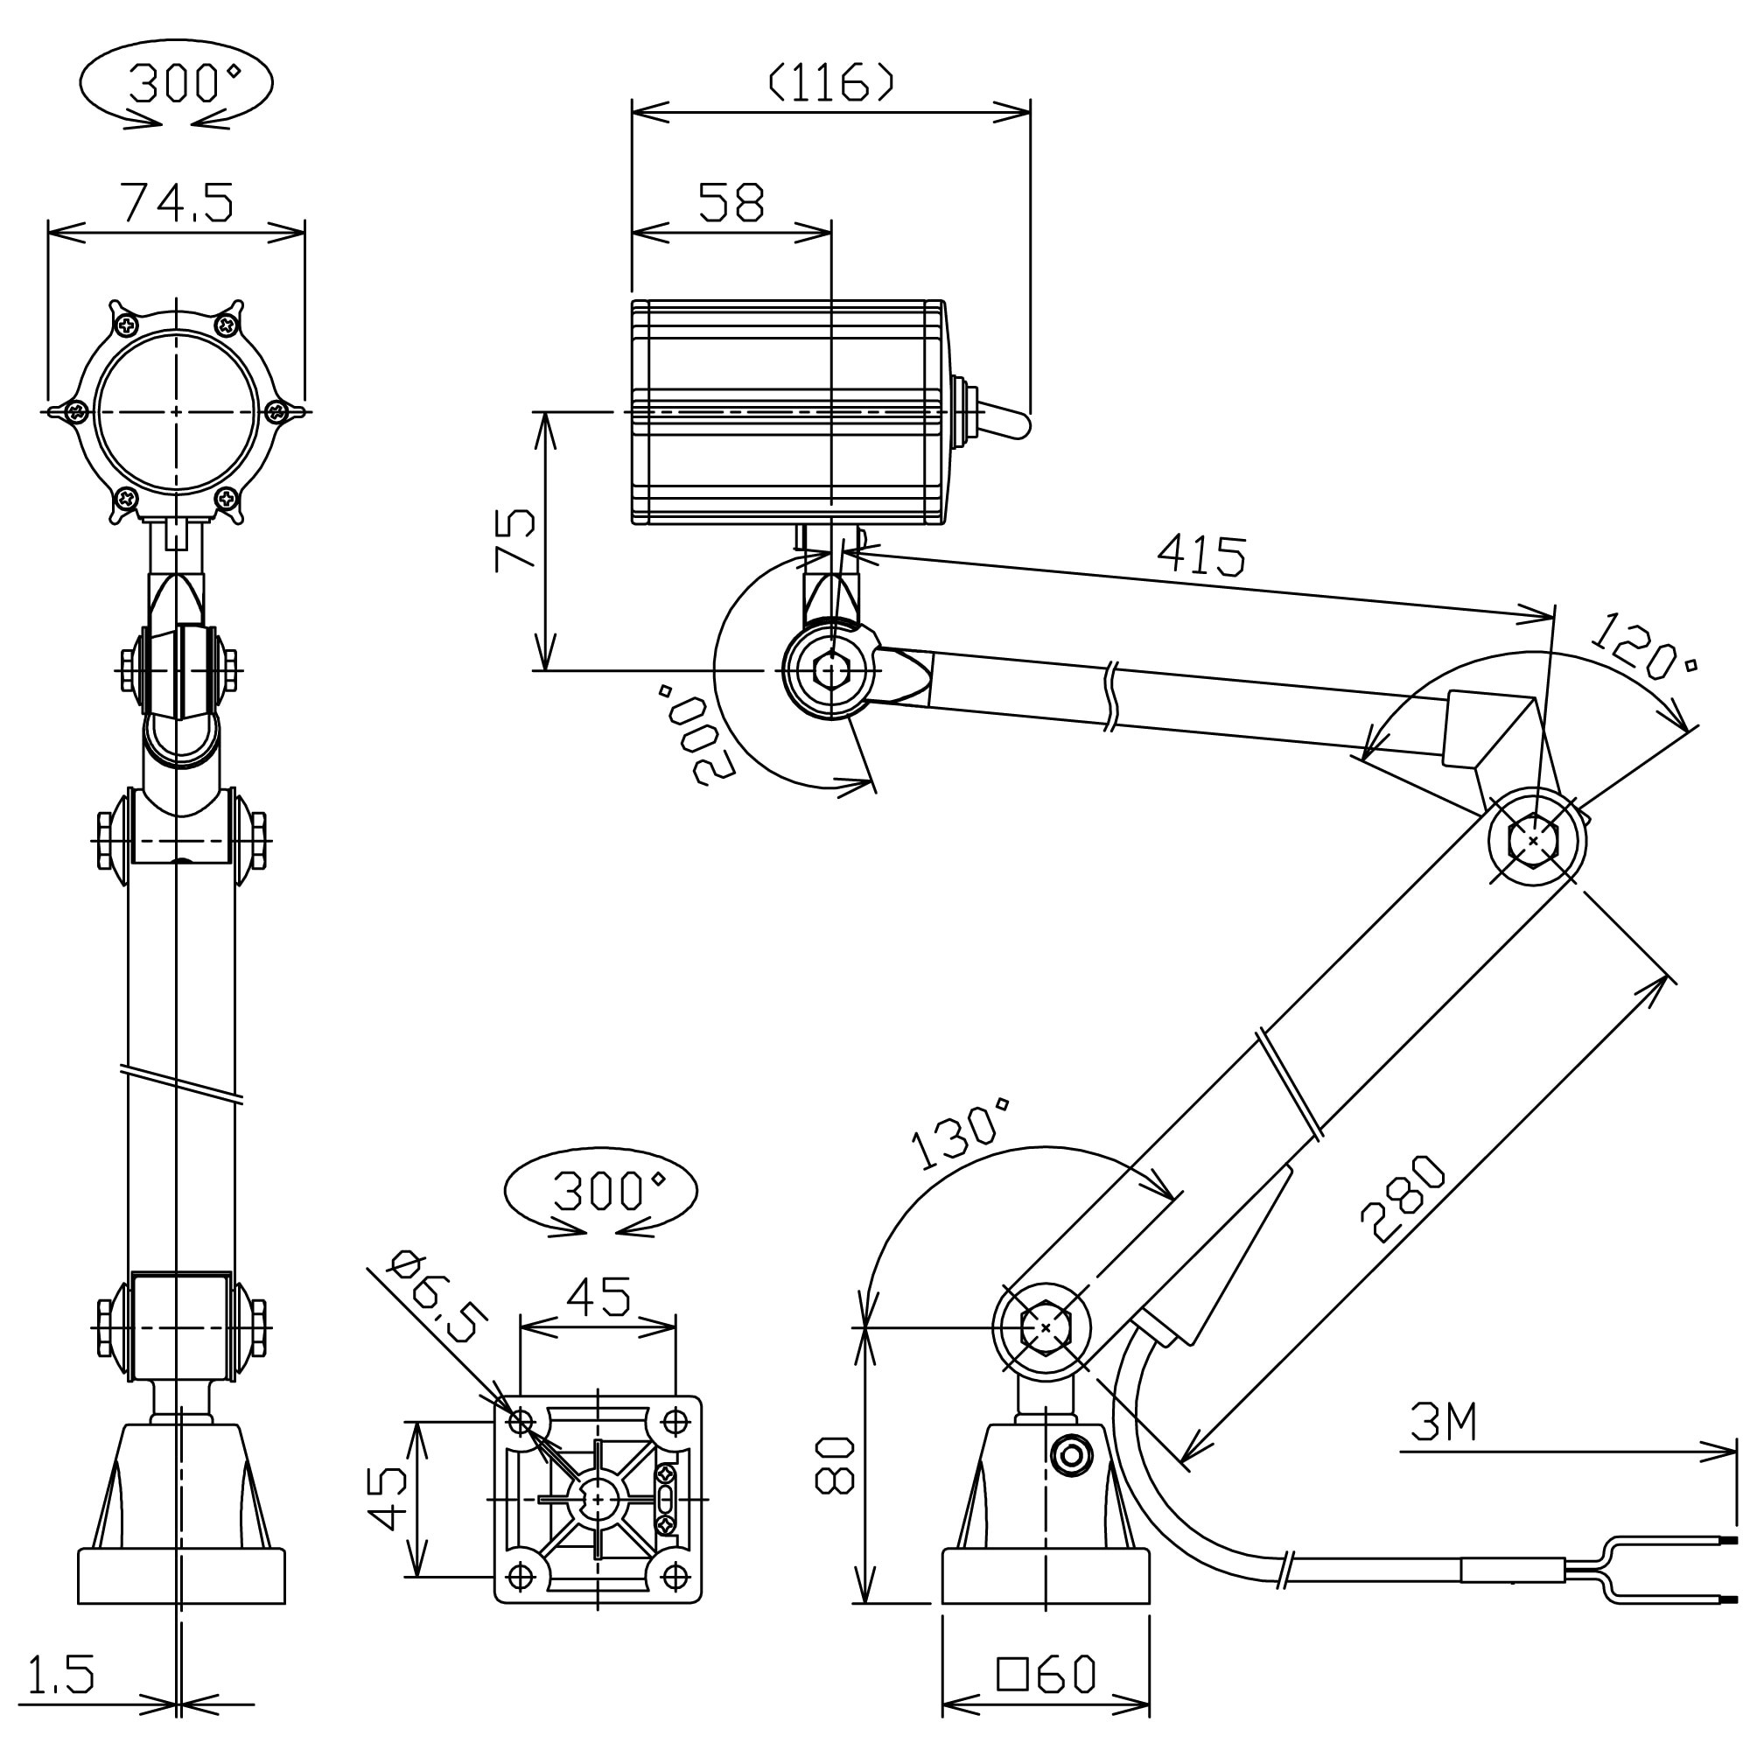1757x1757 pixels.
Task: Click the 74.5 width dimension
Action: click(x=178, y=202)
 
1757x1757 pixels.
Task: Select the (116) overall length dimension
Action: click(x=831, y=84)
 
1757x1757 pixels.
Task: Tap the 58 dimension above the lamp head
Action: click(x=731, y=202)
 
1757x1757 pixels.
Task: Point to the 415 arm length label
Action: click(x=1201, y=555)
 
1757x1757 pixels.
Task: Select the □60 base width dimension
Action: click(x=1046, y=1675)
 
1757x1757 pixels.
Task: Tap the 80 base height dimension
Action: click(x=834, y=1465)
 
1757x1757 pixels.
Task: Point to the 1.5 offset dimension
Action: click(x=61, y=1675)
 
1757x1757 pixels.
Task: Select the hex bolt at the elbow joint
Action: click(x=1534, y=841)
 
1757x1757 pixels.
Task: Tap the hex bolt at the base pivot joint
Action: click(x=1046, y=1328)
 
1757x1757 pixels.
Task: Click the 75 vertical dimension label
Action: click(x=515, y=539)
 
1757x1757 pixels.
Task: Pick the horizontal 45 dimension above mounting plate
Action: click(x=598, y=1297)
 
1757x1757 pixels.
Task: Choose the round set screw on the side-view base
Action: click(x=1071, y=1456)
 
